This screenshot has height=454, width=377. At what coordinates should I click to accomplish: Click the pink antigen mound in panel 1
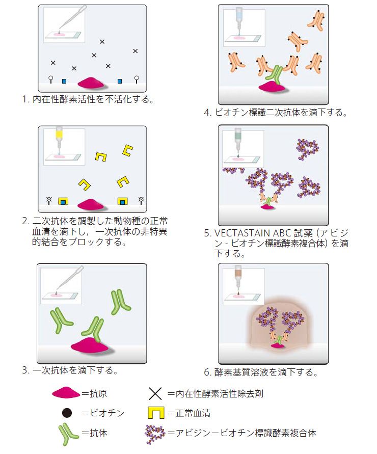click(x=91, y=83)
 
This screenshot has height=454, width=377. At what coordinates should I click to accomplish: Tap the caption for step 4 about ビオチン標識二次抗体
click(x=275, y=113)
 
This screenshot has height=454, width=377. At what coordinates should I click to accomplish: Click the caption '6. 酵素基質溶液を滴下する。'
click(x=261, y=372)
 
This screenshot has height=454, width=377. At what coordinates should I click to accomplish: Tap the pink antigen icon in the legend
click(x=66, y=394)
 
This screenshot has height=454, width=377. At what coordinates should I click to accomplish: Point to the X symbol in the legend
click(x=155, y=394)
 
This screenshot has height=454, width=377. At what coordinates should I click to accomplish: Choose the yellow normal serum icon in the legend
click(x=155, y=413)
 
